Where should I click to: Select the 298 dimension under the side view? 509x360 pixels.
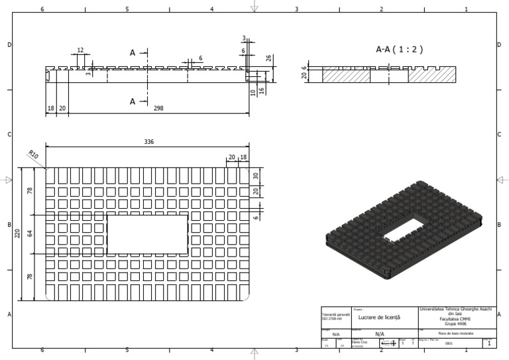point(158,108)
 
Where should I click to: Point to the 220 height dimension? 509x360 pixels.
point(19,233)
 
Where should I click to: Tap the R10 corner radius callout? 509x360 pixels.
point(33,155)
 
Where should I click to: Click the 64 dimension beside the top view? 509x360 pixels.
point(29,234)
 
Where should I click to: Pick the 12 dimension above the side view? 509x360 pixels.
point(80,50)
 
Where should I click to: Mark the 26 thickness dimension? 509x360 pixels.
point(268,58)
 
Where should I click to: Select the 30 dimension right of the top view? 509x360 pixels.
point(256,176)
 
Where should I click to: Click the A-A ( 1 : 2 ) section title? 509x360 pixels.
point(399,49)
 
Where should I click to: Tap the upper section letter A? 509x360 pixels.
point(133,52)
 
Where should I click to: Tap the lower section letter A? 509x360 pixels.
point(133,101)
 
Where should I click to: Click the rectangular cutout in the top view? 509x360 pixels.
point(147,234)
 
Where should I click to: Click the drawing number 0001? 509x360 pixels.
point(449,344)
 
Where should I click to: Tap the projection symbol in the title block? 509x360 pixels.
point(388,343)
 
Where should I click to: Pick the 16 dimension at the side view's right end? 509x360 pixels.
point(262,90)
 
